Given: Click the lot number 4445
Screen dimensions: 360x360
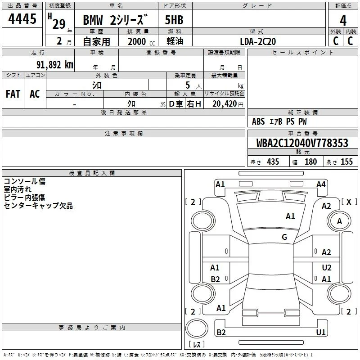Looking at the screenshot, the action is coord(22,18).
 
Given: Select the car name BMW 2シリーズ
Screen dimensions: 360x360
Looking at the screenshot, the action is coord(115,20).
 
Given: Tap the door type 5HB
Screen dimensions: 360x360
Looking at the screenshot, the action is coord(174,20).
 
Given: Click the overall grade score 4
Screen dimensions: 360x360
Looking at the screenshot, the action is coord(343,21).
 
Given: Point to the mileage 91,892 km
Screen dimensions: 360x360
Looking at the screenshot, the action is coord(55,64).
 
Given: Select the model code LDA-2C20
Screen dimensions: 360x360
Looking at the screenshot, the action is coord(258,41).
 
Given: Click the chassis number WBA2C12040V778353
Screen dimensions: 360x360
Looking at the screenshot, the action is coord(302,143).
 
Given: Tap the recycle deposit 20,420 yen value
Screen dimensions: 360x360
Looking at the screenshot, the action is coord(228,104).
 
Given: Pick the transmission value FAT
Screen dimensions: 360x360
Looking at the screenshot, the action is coord(13,94).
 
